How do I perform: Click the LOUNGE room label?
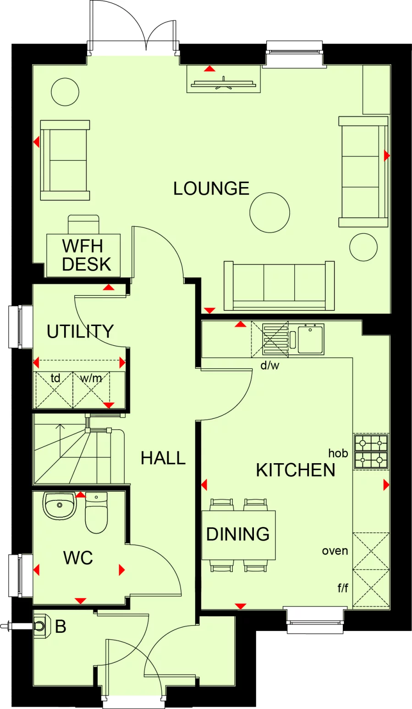211,188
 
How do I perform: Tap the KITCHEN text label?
295,470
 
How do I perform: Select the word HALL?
163,458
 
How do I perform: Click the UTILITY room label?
80,332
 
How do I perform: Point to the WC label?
78,558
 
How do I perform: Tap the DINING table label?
238,534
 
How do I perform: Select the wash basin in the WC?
59,505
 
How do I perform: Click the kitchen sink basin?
311,339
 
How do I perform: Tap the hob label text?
338,454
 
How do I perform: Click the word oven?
335,551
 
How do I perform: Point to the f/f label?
342,588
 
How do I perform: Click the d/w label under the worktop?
269,366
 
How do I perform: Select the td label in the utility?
55,378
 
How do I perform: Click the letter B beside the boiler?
60,626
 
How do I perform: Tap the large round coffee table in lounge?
269,212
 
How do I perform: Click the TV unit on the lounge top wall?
224,83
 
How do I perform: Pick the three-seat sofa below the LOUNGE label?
279,286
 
